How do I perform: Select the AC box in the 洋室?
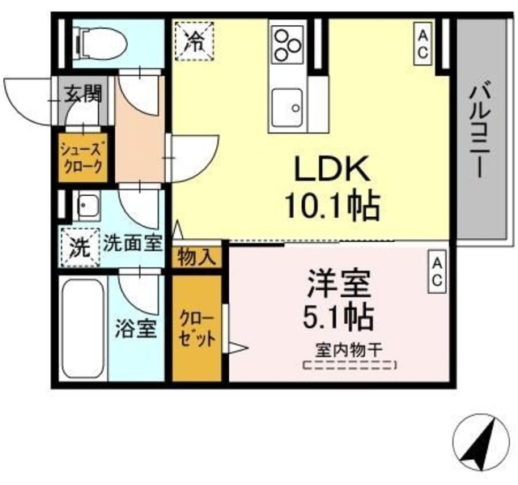[435, 270]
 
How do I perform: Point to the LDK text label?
[330, 171]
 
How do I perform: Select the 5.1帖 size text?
[338, 315]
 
